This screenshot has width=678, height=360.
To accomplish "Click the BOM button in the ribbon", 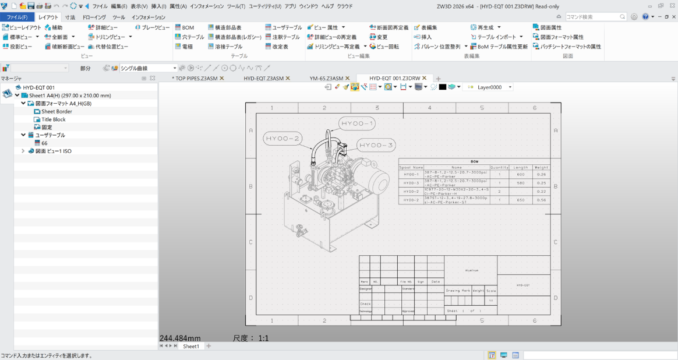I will [x=185, y=27].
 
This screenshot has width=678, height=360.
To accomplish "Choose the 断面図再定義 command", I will [x=389, y=27].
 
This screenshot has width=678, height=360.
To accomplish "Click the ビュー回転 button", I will [x=384, y=47].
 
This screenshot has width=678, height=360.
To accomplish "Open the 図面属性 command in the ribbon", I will [x=547, y=27].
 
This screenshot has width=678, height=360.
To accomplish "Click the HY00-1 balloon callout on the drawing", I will [x=357, y=123].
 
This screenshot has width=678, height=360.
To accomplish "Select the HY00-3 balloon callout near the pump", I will [x=376, y=145].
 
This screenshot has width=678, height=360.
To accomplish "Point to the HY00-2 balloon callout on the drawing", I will [x=282, y=139].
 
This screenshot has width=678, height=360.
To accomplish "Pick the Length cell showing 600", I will [x=520, y=174].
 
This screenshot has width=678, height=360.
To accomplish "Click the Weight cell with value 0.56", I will [x=541, y=200].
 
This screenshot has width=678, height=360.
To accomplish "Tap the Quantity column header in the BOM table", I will [x=499, y=167].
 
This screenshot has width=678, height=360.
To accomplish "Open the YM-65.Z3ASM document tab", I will [x=327, y=78].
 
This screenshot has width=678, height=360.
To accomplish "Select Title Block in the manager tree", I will [x=53, y=119].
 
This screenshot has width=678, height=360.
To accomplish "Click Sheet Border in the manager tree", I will [x=57, y=111].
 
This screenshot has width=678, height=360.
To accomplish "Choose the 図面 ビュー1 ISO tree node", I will [x=53, y=151].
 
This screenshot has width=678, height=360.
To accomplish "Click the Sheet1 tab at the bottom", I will [x=190, y=346].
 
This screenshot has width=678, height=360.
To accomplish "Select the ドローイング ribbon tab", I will [x=94, y=17].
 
